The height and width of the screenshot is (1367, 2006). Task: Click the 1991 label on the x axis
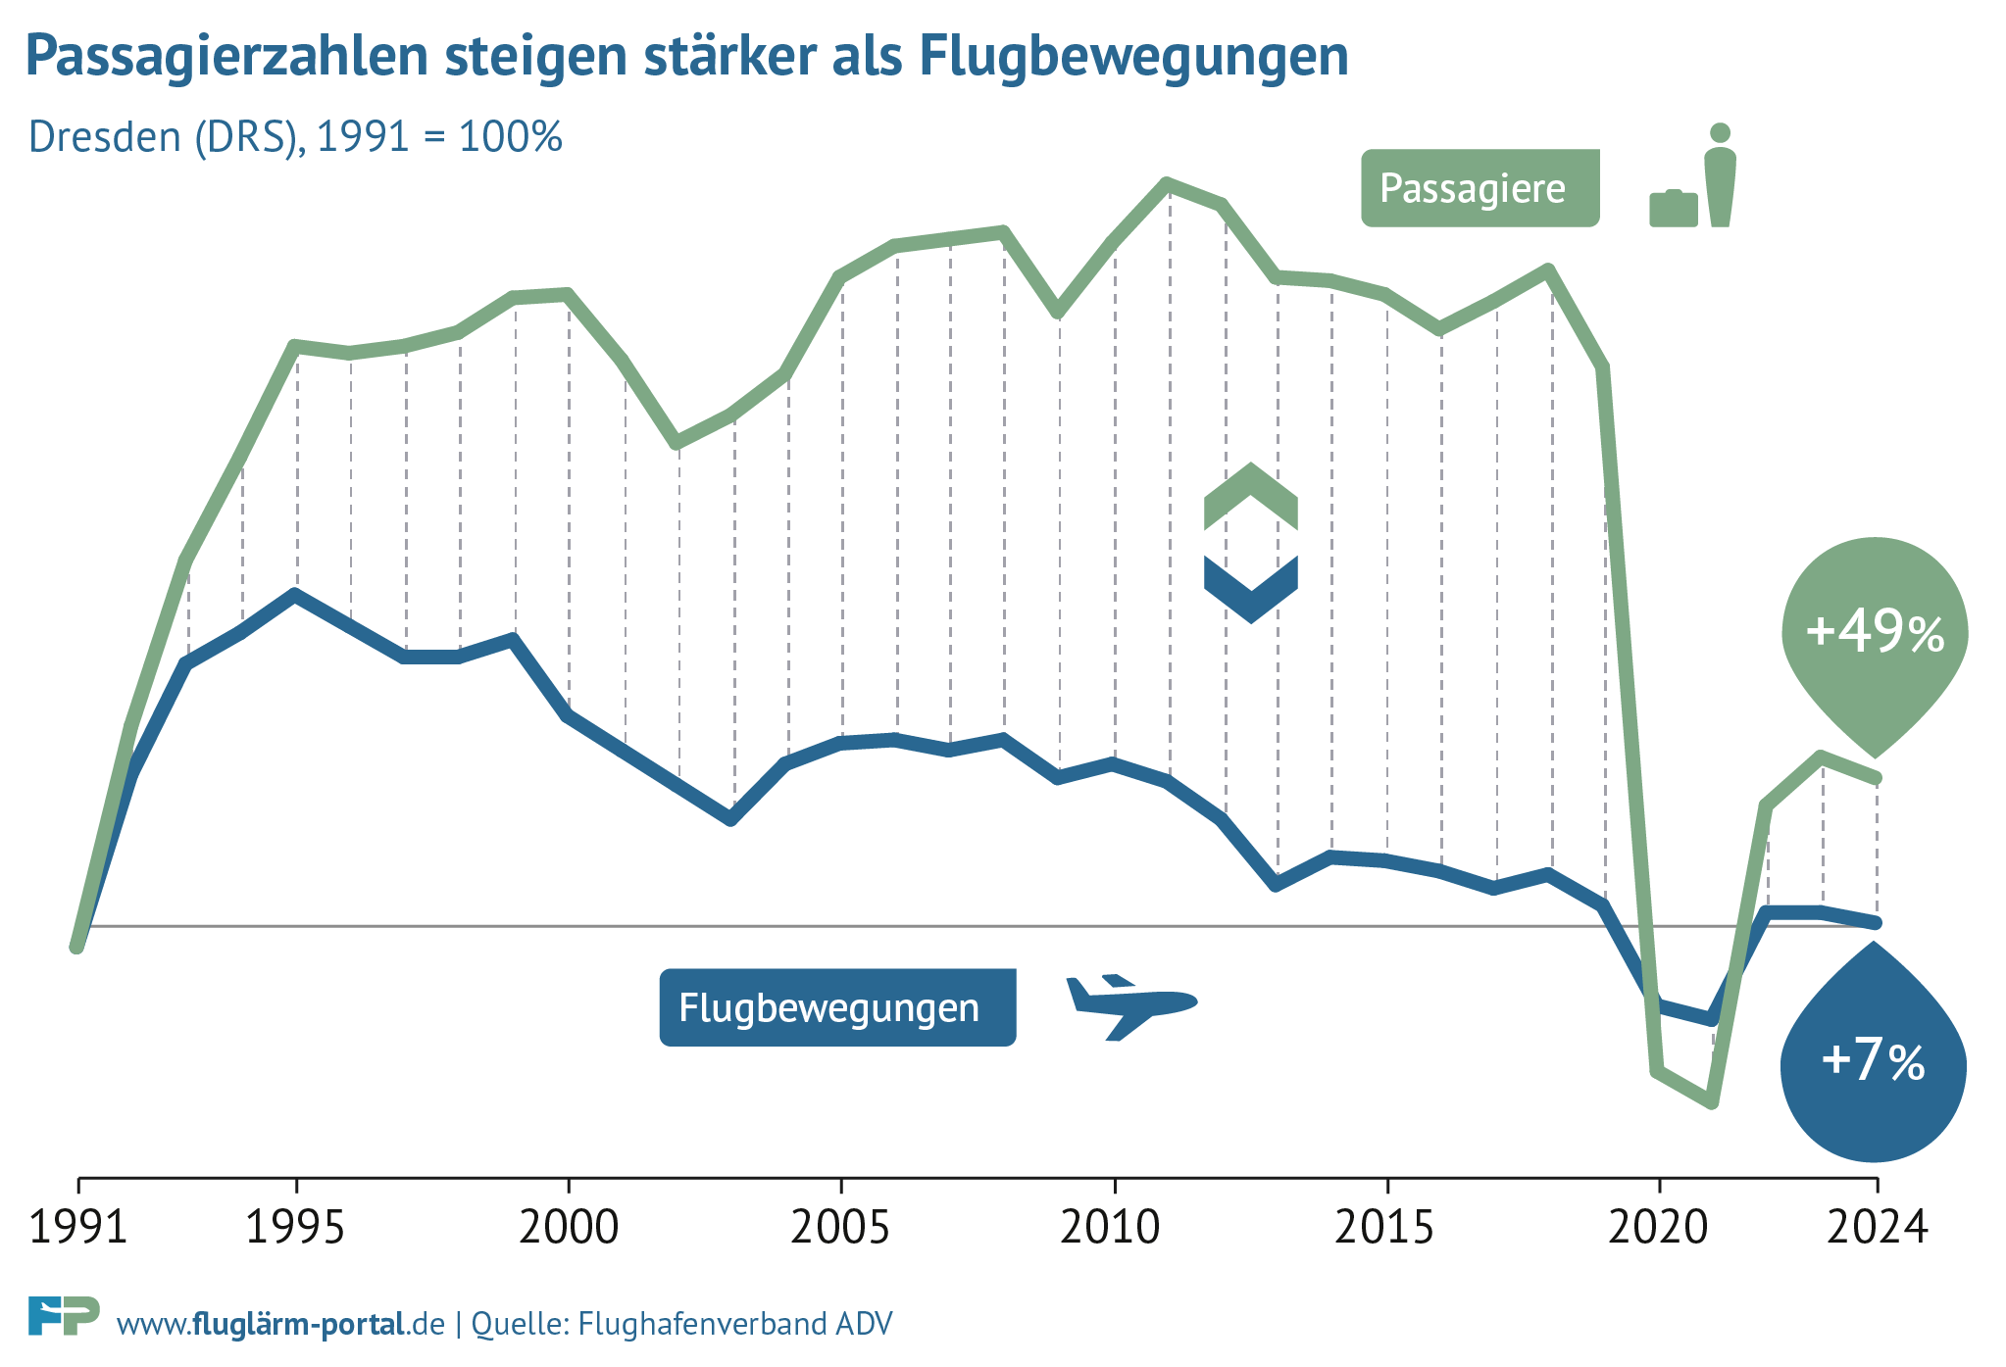(x=78, y=1227)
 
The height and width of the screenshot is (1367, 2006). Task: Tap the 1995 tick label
(x=295, y=1227)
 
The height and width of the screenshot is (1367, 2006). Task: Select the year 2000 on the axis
(x=569, y=1227)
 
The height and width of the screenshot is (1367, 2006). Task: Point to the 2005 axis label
(x=840, y=1227)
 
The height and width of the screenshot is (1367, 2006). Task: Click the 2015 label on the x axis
(x=1384, y=1227)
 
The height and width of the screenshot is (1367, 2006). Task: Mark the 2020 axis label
(x=1658, y=1227)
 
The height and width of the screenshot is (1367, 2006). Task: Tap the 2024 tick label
(x=1877, y=1227)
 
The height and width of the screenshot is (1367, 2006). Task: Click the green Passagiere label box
(x=1479, y=188)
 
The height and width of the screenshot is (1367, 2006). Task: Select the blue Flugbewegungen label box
(x=837, y=1007)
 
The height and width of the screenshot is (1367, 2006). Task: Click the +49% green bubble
(x=1875, y=632)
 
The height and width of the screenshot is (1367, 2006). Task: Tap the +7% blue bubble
(x=1873, y=1062)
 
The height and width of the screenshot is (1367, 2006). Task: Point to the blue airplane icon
(x=1130, y=1005)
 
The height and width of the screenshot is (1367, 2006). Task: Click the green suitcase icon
(x=1673, y=208)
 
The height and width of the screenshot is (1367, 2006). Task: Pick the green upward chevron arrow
(x=1250, y=496)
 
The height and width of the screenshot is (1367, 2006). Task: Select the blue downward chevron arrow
(x=1250, y=589)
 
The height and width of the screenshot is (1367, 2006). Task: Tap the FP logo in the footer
(x=64, y=1316)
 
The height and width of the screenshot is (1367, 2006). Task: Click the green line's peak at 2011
(x=1167, y=183)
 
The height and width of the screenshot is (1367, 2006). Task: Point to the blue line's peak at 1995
(x=295, y=594)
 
